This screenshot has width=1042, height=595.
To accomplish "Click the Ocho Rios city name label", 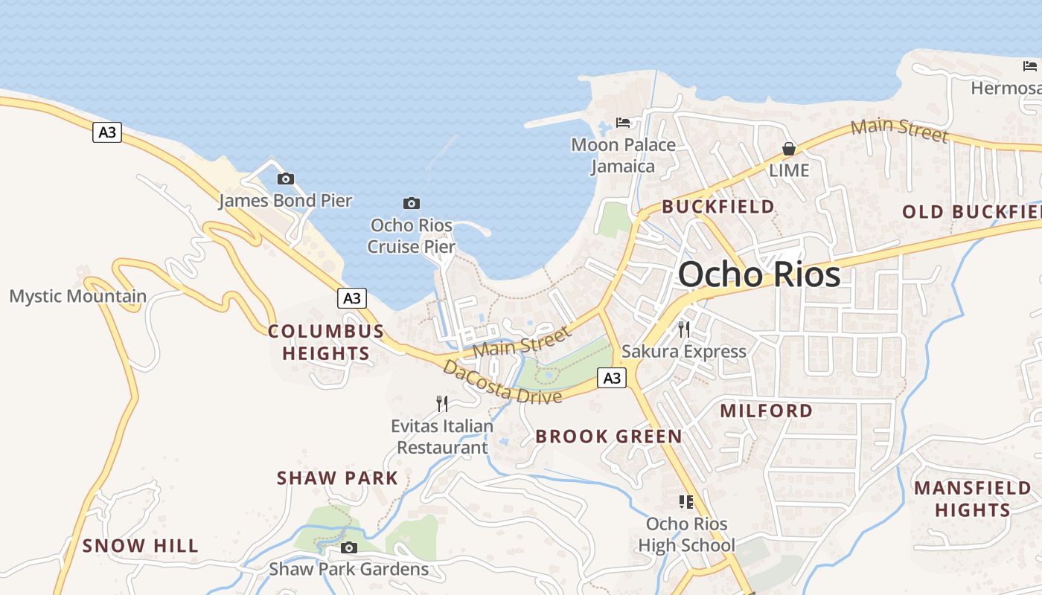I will pyautogui.click(x=759, y=274).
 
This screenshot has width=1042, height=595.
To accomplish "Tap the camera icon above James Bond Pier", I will pyautogui.click(x=285, y=178).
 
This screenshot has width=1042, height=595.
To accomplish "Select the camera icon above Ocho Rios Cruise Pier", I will pyautogui.click(x=412, y=203).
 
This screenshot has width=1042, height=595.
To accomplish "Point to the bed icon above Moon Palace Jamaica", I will pyautogui.click(x=624, y=122).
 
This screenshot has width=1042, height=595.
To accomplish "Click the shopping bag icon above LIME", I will pyautogui.click(x=789, y=149).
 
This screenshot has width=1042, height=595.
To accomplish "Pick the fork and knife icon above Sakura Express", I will pyautogui.click(x=684, y=329).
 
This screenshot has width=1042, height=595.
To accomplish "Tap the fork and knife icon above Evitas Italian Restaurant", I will pyautogui.click(x=442, y=404).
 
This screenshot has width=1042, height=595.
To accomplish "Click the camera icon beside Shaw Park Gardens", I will pyautogui.click(x=348, y=548).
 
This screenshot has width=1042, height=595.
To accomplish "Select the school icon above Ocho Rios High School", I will pyautogui.click(x=686, y=502).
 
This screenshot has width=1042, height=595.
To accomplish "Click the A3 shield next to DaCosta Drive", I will pyautogui.click(x=611, y=378).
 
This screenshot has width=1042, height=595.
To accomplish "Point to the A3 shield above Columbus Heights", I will pyautogui.click(x=352, y=298).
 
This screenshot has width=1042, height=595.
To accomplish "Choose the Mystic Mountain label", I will pyautogui.click(x=78, y=296).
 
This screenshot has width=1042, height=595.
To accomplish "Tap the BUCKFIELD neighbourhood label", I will pyautogui.click(x=718, y=207).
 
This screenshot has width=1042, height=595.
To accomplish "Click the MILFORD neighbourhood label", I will pyautogui.click(x=767, y=411).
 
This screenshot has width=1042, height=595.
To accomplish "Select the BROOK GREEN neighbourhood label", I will pyautogui.click(x=609, y=437).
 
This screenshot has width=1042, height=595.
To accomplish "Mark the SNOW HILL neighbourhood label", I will pyautogui.click(x=141, y=546).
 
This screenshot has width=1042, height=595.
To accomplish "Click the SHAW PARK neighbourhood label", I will pyautogui.click(x=338, y=477).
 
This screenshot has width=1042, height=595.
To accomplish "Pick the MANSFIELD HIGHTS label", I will pyautogui.click(x=973, y=499).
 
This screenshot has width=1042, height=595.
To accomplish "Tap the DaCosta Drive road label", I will pyautogui.click(x=502, y=382).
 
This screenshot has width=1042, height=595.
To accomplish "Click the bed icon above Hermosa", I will pyautogui.click(x=1030, y=66).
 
